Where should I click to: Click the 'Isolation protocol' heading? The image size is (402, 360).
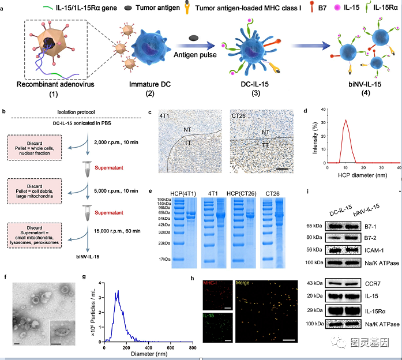point(78,111)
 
